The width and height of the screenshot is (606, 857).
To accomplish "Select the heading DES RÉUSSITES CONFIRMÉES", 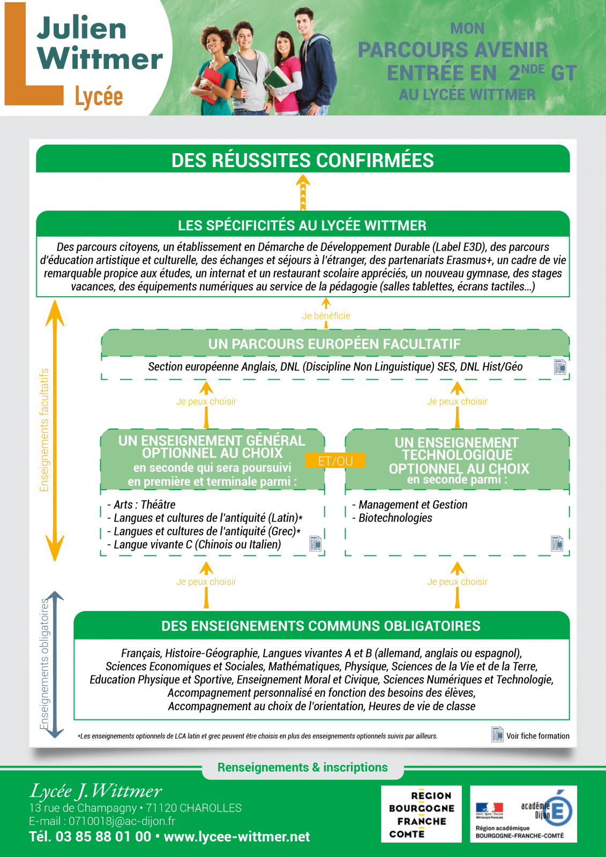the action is point(302,160).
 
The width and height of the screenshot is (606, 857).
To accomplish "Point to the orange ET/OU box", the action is point(335,461).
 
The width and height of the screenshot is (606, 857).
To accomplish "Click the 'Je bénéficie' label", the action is point(326,315).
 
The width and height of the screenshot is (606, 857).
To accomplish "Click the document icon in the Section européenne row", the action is point(560,366).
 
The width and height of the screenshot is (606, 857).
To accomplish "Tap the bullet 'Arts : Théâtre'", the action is point(141,505).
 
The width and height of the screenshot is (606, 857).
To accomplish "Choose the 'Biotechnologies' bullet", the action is point(392,517).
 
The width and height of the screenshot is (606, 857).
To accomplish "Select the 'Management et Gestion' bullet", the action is point(409,505).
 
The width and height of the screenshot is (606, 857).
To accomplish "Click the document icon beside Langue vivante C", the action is point(315,543).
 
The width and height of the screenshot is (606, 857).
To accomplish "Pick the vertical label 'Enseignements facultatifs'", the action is point(44,430).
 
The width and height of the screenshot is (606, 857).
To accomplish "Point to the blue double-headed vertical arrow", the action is point(55,664).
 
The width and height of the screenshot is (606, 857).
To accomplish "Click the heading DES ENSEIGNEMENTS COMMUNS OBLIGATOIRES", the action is point(321,626).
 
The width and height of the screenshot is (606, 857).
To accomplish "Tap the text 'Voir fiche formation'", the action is point(538,736).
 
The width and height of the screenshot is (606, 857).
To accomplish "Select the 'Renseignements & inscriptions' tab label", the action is point(302,767).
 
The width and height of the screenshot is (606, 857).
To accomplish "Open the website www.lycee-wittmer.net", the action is point(237,837).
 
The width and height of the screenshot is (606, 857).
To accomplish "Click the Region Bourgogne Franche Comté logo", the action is point(421,814).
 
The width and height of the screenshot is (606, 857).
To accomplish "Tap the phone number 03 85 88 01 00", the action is point(103,837).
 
